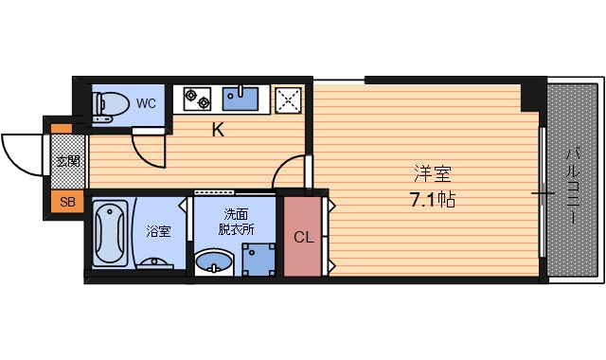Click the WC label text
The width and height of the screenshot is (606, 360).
[146, 102]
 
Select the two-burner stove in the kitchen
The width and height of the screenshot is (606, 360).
[199, 97]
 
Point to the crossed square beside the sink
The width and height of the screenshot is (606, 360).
[288, 98]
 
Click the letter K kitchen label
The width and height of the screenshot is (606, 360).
[218, 131]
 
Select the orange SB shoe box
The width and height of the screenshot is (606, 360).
[67, 201]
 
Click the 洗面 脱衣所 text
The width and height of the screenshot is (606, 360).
[237, 222]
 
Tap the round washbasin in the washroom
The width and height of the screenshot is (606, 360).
[212, 261]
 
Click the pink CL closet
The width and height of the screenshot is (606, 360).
[303, 237]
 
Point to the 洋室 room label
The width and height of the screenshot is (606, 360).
[432, 175]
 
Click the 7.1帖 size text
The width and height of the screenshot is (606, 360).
[432, 200]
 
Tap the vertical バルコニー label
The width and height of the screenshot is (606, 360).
[573, 185]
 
